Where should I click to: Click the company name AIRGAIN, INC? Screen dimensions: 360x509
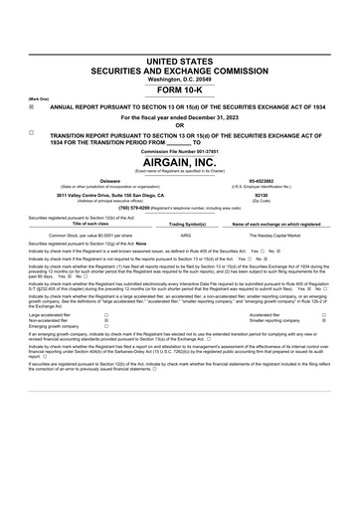point(179,161)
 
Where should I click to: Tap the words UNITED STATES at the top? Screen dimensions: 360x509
point(179,62)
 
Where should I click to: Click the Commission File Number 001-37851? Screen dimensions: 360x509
point(179,150)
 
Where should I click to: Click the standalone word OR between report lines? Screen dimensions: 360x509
point(179,124)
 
